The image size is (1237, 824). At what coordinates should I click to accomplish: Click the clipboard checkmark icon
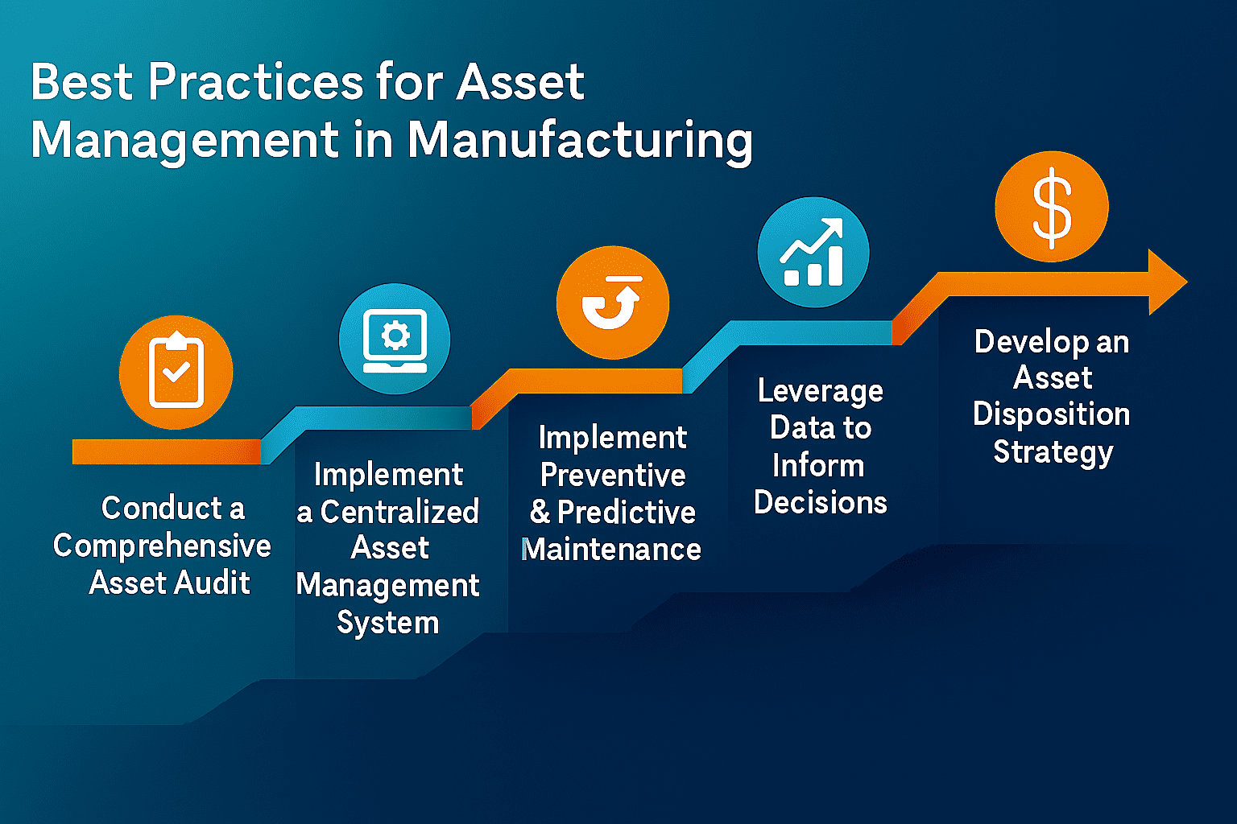176,373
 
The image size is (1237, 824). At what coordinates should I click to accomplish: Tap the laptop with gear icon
395,339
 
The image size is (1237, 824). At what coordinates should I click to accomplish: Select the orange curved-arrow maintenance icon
612,303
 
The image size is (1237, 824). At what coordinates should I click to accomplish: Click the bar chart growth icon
813,253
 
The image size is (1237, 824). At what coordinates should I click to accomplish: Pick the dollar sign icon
1052,207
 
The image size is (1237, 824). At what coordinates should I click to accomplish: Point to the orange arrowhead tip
1184,282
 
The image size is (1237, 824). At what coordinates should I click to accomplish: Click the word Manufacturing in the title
580,140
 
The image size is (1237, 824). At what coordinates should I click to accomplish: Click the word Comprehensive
162,546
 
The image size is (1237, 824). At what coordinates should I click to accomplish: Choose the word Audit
213,583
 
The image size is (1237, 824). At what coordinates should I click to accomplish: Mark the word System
387,623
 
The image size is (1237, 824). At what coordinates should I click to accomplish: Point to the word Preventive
613,475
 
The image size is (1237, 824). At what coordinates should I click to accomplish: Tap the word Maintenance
611,550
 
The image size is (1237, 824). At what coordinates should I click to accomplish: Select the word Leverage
820,391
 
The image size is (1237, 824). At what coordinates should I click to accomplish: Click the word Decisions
820,503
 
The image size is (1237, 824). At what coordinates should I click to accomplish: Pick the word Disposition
1051,414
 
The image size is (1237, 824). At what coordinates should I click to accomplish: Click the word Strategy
1053,452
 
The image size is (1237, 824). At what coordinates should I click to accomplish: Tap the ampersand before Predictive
539,513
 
